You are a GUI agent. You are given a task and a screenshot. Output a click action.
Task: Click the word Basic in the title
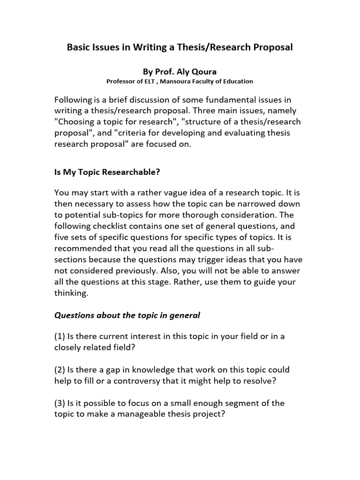(78, 47)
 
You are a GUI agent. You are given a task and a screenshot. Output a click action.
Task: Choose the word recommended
(84, 249)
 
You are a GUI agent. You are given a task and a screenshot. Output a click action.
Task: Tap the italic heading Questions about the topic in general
(127, 315)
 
